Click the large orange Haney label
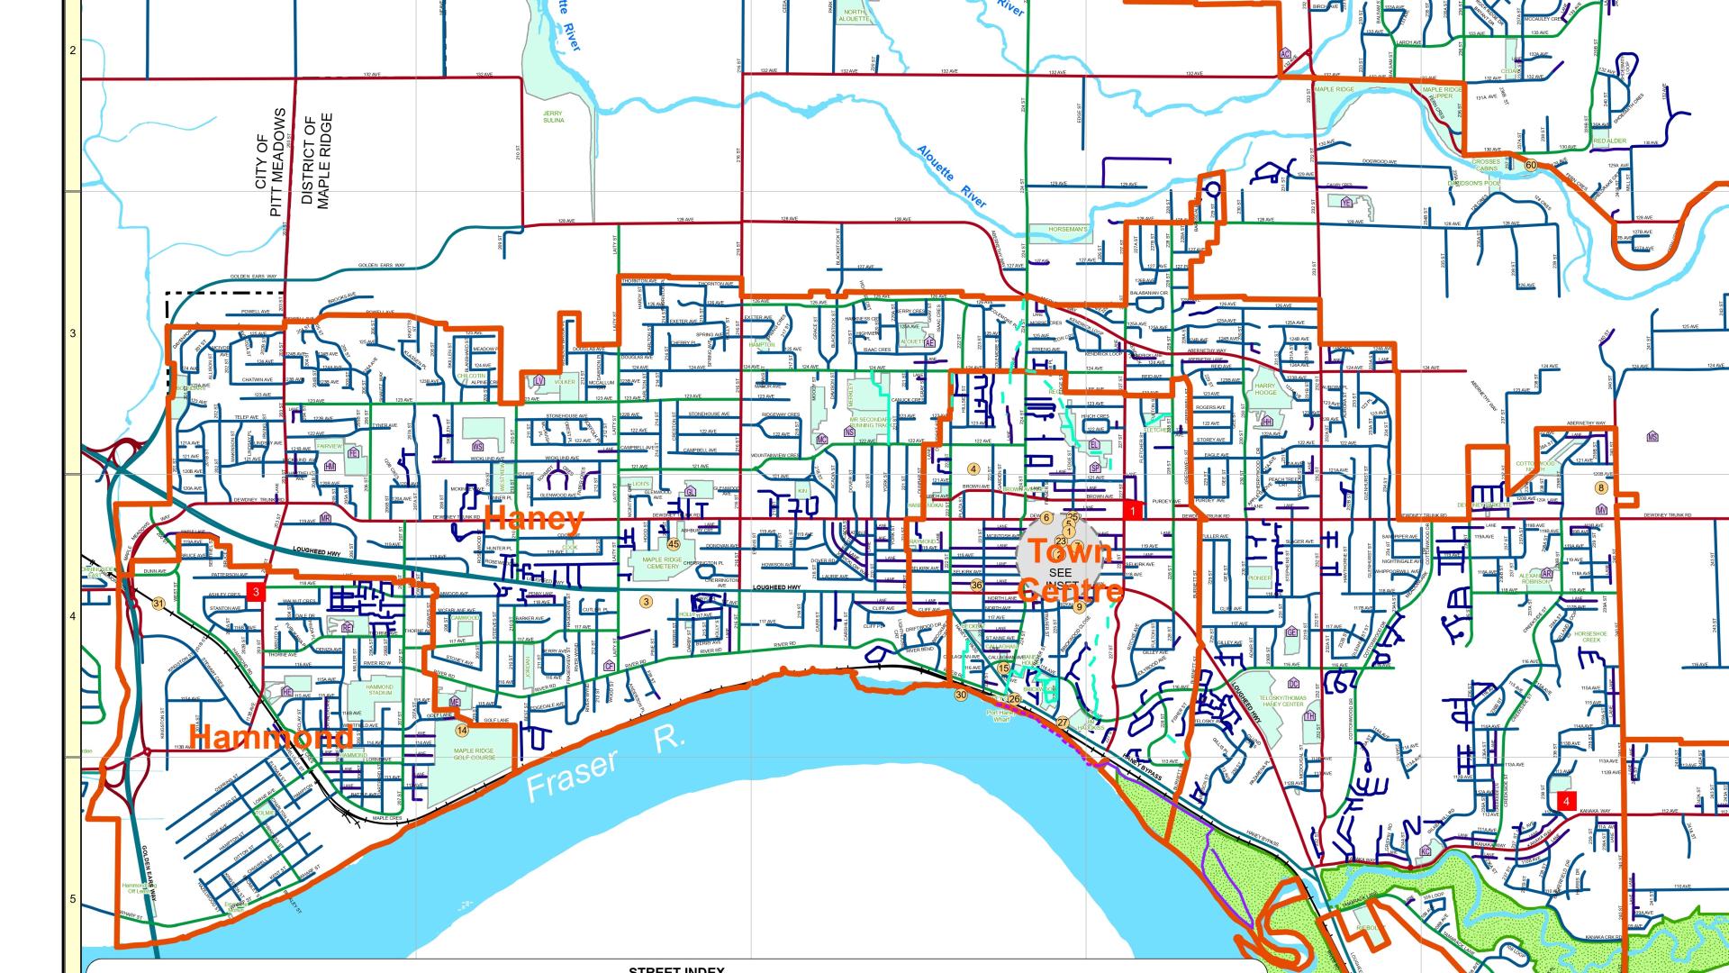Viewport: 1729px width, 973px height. pyautogui.click(x=535, y=519)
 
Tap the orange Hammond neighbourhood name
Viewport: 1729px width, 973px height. pyautogui.click(x=272, y=737)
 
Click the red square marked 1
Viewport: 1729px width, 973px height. pyautogui.click(x=1133, y=510)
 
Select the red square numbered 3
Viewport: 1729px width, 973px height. pyautogui.click(x=257, y=592)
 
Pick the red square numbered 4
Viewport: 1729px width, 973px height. pyautogui.click(x=1567, y=801)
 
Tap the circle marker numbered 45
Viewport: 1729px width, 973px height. pyautogui.click(x=674, y=543)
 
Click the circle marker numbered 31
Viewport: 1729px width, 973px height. pyautogui.click(x=158, y=604)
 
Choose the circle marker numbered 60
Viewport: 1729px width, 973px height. pyautogui.click(x=1531, y=165)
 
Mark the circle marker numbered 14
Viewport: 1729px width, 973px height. pyautogui.click(x=462, y=731)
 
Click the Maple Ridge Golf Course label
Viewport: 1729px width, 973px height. pyautogui.click(x=474, y=754)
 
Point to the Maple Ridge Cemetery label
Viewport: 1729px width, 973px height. pyautogui.click(x=662, y=563)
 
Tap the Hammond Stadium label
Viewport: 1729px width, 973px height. pyautogui.click(x=379, y=690)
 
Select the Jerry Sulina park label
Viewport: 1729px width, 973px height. pyautogui.click(x=553, y=116)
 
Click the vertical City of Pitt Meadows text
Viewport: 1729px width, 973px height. pyautogui.click(x=269, y=162)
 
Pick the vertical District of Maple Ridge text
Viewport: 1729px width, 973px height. pyautogui.click(x=317, y=160)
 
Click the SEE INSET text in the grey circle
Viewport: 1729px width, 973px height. pyautogui.click(x=1061, y=577)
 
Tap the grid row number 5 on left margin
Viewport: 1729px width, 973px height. pyautogui.click(x=73, y=899)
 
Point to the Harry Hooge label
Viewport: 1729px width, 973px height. pyautogui.click(x=1265, y=389)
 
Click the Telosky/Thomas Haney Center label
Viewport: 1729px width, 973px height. pyautogui.click(x=1282, y=701)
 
